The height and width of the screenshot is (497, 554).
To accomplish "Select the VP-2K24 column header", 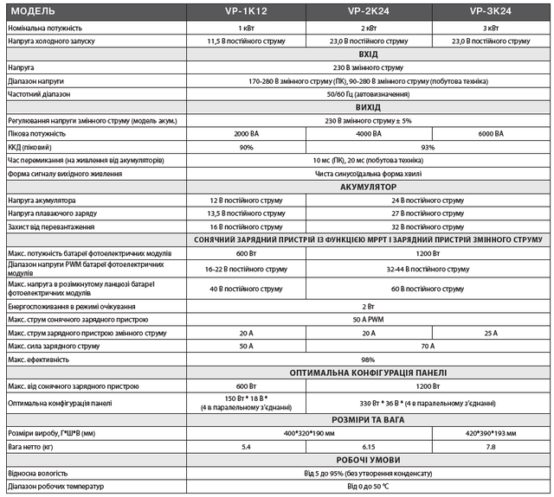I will click(368, 13).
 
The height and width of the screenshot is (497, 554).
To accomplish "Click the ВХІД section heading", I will click(368, 54).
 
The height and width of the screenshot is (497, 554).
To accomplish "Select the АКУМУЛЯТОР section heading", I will click(368, 187).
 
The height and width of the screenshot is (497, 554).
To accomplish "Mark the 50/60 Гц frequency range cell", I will click(368, 93).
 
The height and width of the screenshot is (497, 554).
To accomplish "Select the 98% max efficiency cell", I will click(368, 360).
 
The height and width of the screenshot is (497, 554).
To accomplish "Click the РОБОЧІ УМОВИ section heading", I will click(368, 460).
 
